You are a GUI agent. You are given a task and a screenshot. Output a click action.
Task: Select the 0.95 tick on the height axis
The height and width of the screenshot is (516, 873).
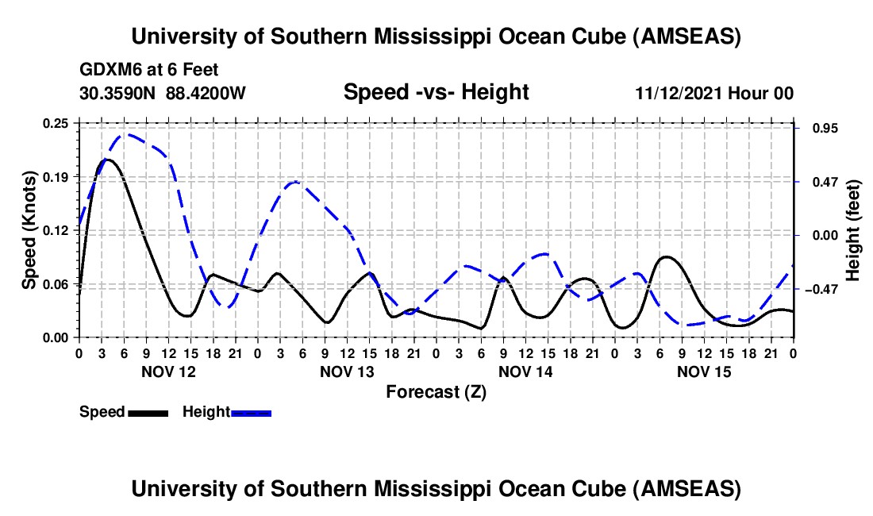pos(820,129)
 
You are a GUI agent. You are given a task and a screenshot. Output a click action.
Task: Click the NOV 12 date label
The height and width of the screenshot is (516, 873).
pos(167,371)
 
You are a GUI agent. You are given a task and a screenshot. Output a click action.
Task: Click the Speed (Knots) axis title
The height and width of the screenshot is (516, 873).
pos(29,230)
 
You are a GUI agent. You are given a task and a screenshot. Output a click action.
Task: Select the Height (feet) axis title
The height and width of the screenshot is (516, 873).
pos(853,231)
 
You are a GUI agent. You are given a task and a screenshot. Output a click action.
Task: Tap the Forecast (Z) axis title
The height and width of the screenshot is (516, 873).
pos(436,391)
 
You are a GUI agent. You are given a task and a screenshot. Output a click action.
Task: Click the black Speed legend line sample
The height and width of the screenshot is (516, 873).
pos(148,412)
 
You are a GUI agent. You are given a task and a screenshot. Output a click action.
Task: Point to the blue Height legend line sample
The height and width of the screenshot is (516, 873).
pos(251,412)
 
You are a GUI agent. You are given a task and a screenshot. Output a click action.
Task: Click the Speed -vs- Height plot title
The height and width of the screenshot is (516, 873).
pos(436,92)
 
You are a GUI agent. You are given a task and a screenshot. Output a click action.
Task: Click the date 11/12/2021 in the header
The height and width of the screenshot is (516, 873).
pos(676,93)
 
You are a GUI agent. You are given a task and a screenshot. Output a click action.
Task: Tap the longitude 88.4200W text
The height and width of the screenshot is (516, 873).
pos(206,93)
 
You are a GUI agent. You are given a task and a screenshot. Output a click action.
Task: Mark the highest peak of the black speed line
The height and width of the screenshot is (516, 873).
pos(106,160)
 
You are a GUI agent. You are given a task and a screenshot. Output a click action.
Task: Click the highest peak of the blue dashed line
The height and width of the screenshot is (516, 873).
pos(126,134)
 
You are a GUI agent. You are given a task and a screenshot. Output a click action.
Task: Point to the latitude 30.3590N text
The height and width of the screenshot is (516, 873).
pos(118,93)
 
